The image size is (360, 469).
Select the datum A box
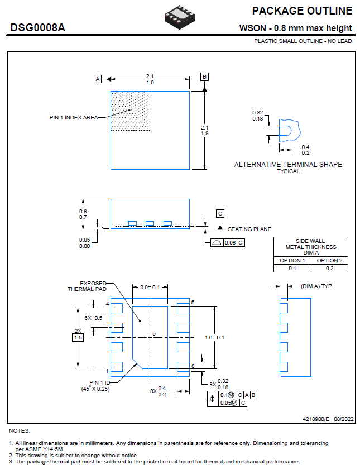click(x=98, y=79)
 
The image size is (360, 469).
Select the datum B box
click(x=205, y=76)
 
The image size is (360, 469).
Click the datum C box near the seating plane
click(x=220, y=213)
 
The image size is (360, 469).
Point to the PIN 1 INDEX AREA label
click(x=73, y=117)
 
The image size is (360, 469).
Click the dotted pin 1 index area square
click(x=131, y=111)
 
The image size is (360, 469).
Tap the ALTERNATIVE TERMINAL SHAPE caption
click(x=288, y=165)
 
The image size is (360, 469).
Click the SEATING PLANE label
click(x=249, y=229)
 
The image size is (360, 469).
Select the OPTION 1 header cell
click(x=292, y=260)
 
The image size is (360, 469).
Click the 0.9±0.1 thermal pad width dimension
click(x=150, y=287)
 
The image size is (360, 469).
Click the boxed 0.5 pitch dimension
click(x=98, y=318)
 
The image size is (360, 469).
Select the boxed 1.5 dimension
click(x=78, y=337)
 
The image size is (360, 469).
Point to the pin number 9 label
click(x=153, y=334)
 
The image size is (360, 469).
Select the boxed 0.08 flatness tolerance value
click(x=230, y=242)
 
